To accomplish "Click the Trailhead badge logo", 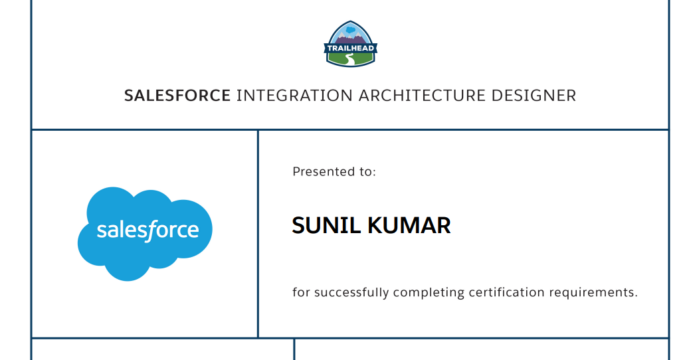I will (x=351, y=44).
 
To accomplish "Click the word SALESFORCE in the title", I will (x=177, y=96).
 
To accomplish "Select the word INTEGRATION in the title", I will (x=294, y=96).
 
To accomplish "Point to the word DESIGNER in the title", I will (x=534, y=96).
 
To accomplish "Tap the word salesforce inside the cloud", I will (x=147, y=230).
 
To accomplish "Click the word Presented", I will (x=320, y=172).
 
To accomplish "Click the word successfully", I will (x=351, y=293).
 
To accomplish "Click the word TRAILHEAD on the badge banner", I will (x=351, y=48).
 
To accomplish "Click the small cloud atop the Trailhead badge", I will (x=351, y=29).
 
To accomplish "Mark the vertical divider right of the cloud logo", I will (x=258, y=233).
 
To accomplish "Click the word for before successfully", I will (x=301, y=293).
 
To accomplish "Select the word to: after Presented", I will (x=367, y=172).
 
